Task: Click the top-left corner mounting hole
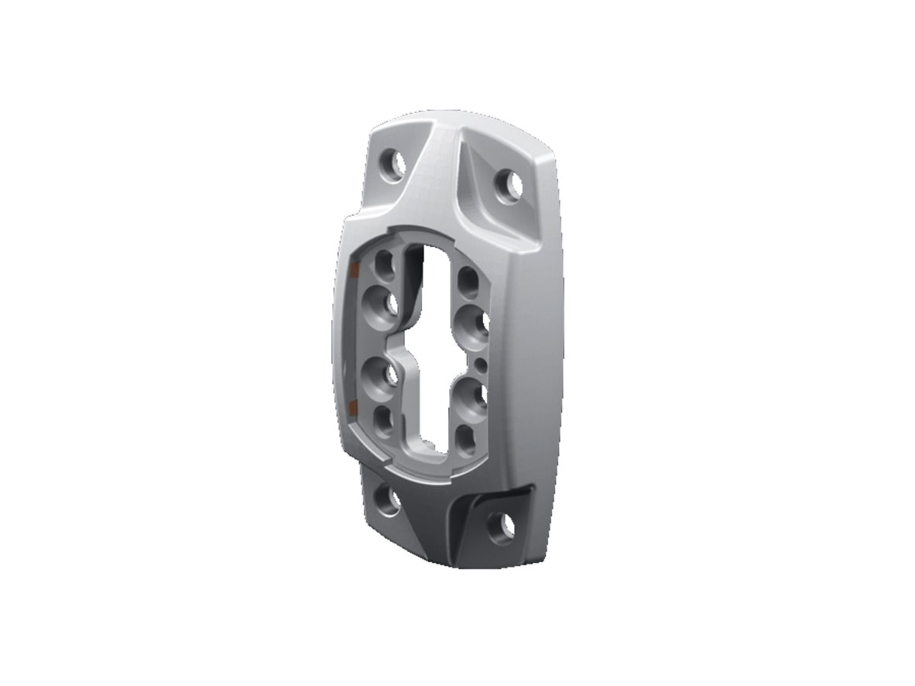click(x=394, y=165)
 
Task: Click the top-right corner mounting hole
click(x=508, y=185)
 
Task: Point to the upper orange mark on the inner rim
click(x=353, y=270)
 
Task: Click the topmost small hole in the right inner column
click(x=468, y=280)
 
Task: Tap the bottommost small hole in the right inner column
click(x=465, y=437)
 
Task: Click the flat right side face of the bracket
click(x=542, y=348)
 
